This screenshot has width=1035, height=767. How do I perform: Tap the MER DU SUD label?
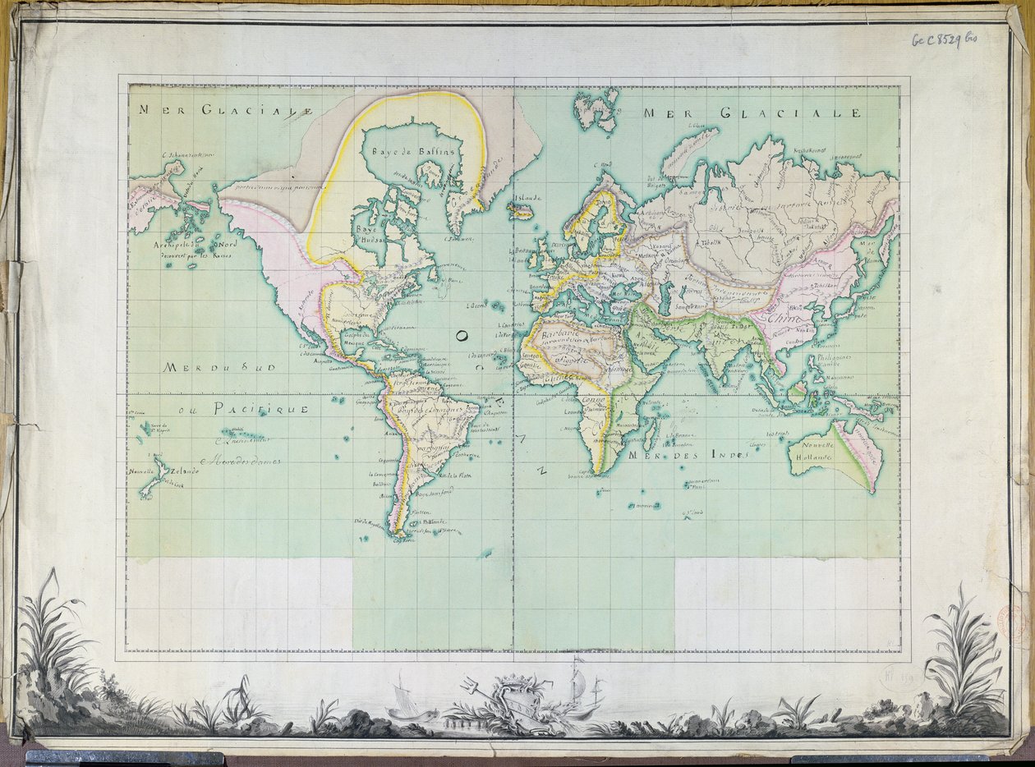tap(213, 368)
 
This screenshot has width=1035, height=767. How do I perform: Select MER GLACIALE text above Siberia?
tap(752, 113)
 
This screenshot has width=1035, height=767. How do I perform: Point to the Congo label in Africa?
tap(592, 400)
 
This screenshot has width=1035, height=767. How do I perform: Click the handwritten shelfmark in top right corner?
tap(945, 39)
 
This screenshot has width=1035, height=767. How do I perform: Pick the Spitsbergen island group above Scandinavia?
tap(596, 109)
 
